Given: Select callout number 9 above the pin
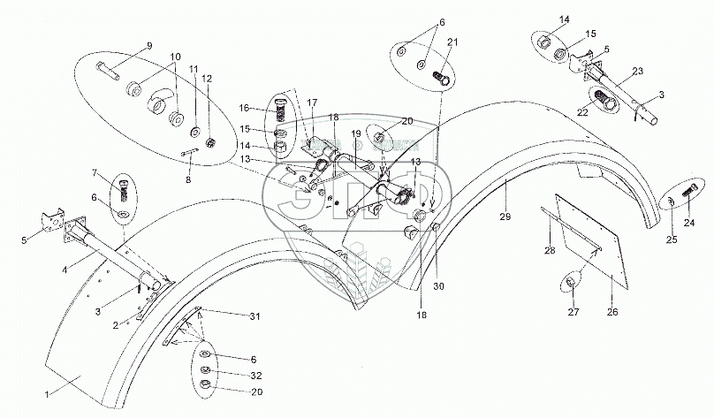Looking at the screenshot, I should (x=149, y=45).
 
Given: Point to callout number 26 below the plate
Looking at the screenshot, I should (x=612, y=311).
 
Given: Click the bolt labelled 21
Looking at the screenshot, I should (x=441, y=79).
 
